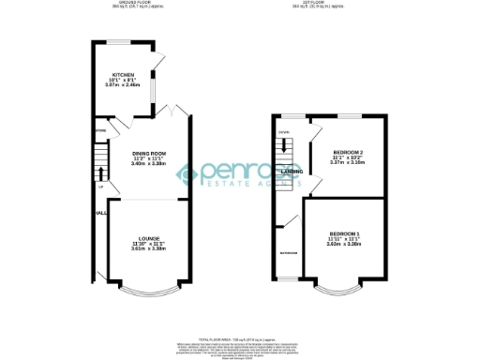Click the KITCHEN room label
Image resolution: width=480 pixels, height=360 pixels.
123,75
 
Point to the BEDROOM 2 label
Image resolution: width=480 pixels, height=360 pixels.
348,152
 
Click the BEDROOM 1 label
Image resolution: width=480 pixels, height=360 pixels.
343,232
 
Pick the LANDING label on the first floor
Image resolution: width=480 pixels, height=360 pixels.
291,172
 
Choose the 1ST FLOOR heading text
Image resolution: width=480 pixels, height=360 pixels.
323,2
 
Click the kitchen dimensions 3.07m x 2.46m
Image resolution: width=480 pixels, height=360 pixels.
123,85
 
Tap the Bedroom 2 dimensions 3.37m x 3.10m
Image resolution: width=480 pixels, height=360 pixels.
348,162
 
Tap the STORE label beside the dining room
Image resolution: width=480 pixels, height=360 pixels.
99,130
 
